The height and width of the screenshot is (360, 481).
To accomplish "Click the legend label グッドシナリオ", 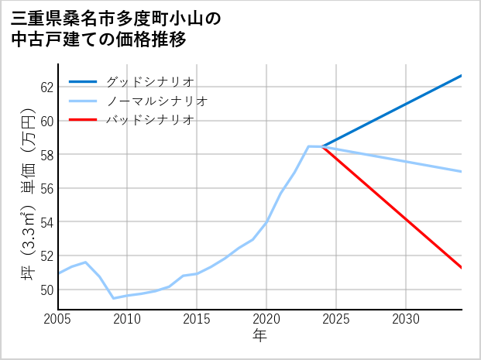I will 149,81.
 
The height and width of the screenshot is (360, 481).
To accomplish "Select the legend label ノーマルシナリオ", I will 156,101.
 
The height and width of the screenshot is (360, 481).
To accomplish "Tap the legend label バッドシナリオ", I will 149,120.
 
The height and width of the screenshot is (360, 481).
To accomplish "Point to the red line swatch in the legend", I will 84,120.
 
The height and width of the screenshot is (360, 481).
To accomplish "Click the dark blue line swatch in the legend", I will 84,81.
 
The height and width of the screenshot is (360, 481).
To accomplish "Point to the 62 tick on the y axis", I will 46,87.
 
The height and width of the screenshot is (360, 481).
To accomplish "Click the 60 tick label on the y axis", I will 46,121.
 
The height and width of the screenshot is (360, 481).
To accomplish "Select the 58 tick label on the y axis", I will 46,155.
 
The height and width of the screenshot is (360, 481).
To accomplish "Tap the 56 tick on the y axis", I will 46,188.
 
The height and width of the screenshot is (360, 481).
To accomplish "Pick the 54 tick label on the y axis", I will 46,222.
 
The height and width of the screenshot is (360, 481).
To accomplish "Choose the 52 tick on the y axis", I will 46,255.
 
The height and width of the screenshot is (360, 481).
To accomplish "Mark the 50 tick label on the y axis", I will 46,290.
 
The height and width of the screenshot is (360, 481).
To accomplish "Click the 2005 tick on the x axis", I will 57,319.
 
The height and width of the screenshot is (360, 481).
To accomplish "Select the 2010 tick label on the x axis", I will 127,319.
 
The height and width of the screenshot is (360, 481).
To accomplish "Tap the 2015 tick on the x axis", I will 197,319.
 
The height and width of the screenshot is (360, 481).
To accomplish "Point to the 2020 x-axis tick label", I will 266,319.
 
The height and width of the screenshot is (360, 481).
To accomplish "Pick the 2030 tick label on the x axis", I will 406,319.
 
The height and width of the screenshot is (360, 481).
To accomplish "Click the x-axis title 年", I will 259,336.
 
